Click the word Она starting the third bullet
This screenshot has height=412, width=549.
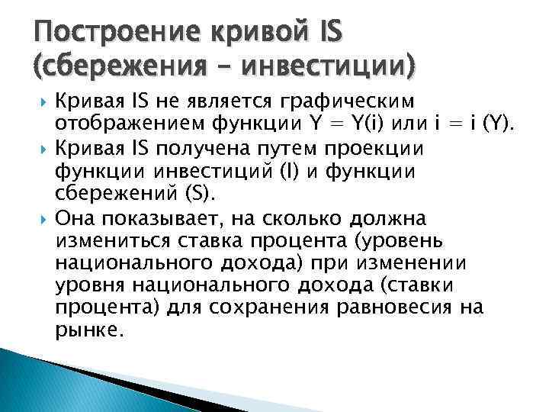[x=75, y=220]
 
